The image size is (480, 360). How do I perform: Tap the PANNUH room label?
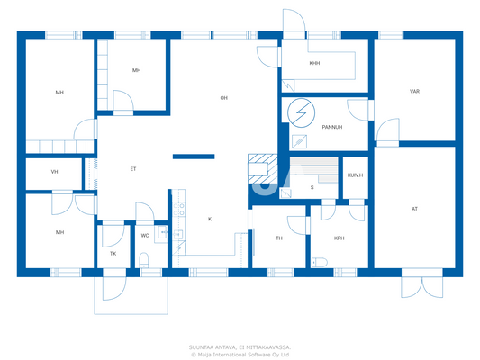click(x=319, y=126)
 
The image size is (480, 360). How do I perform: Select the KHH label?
click(x=314, y=64)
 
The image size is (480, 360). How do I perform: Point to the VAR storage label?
click(x=414, y=92)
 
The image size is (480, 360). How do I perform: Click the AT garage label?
click(x=414, y=209)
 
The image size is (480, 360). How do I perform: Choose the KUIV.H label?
click(x=355, y=175)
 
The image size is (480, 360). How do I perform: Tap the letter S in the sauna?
click(x=312, y=187)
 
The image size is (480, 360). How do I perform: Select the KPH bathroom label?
click(x=339, y=238)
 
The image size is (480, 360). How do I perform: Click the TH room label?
click(x=279, y=238)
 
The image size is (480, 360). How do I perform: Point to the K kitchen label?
click(x=210, y=219)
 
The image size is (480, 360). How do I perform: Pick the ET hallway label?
click(x=133, y=168)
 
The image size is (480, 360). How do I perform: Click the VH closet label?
click(x=54, y=172)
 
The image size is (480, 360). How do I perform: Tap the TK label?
click(x=113, y=254)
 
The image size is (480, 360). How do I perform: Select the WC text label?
click(x=144, y=236)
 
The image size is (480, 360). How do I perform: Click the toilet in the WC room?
click(x=144, y=262)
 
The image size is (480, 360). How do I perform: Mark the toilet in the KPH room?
click(x=318, y=262)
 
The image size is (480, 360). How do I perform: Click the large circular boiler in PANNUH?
click(x=301, y=112)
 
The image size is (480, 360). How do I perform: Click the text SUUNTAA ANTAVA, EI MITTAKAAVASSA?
click(x=240, y=346)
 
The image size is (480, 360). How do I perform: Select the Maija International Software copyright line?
click(x=240, y=355)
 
